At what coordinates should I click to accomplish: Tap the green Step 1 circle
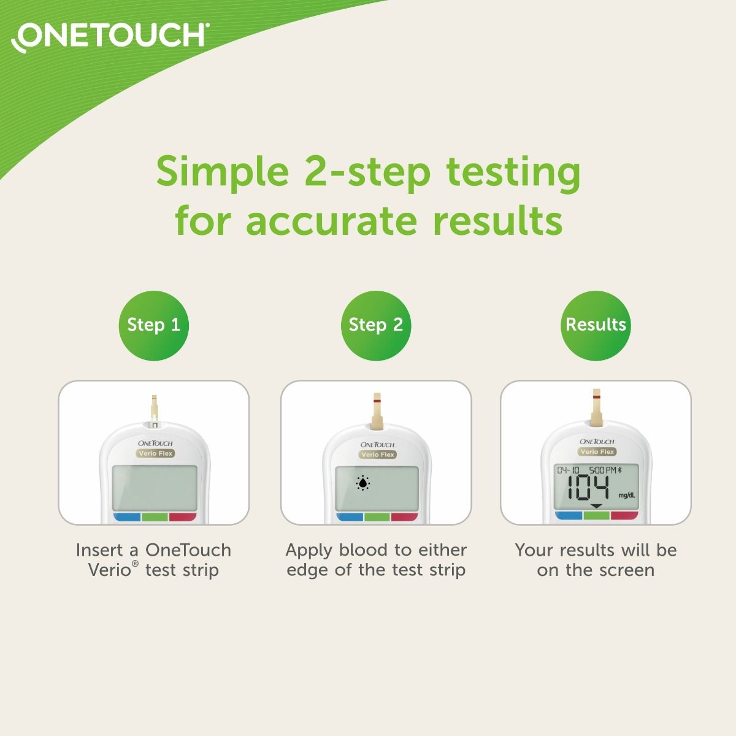(x=153, y=325)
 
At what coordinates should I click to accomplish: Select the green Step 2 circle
(x=375, y=325)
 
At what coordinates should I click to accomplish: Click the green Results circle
(x=596, y=325)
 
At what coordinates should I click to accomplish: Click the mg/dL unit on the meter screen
(x=626, y=495)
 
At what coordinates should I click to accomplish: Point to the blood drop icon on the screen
(x=363, y=484)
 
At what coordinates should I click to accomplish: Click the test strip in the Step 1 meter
(x=154, y=408)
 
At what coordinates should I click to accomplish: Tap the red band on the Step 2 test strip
(x=377, y=401)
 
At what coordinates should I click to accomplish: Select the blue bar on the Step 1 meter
(x=127, y=517)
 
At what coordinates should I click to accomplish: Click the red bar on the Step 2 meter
(x=404, y=517)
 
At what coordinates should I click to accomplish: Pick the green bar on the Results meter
(x=596, y=516)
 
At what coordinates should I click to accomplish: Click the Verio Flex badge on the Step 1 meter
(x=155, y=454)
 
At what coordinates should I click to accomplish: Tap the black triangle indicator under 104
(x=596, y=506)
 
